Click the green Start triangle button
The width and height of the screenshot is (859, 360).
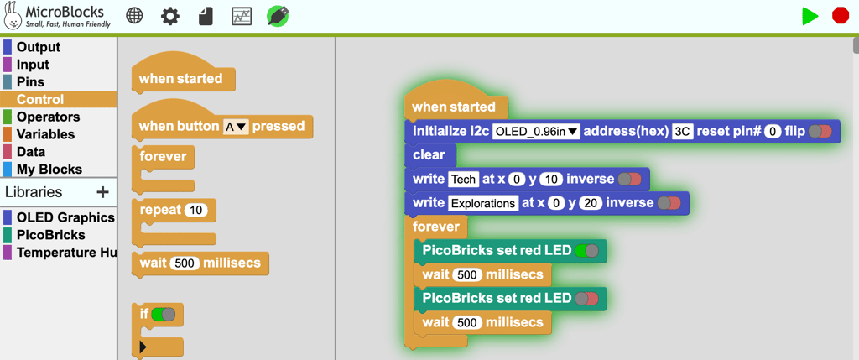coord(810,16)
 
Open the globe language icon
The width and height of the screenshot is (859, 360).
coord(134,16)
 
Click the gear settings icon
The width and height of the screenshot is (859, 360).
coord(170,16)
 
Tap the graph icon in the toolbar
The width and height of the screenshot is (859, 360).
coord(242,16)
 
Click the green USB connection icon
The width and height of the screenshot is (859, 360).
coord(278,16)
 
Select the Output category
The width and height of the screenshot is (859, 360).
coord(39,47)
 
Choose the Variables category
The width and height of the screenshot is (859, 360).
coord(45,134)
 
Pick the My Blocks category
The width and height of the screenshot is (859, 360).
coord(49,170)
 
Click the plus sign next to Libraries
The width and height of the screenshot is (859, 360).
coord(102,192)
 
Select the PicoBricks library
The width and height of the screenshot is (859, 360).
coord(50,235)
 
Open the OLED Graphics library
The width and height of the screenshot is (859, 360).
coord(65,217)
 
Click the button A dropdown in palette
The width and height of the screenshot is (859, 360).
coord(236,127)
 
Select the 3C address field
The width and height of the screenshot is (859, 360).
coord(683,131)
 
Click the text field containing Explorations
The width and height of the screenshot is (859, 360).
coord(483,203)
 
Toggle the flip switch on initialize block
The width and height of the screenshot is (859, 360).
coord(820,131)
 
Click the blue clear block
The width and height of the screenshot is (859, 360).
coord(429,155)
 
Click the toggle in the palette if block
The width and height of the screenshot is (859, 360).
coord(164,315)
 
